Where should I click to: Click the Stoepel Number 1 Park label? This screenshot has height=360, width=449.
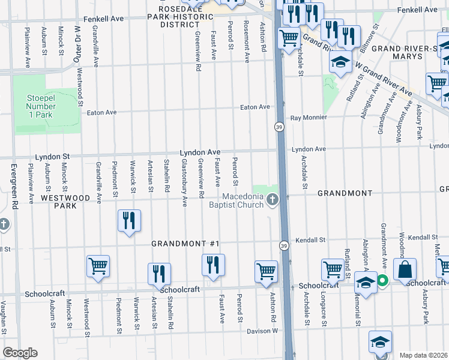[x=40, y=106]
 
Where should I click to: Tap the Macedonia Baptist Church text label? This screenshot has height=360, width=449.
[x=243, y=201]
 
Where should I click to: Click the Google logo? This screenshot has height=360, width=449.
[x=20, y=353]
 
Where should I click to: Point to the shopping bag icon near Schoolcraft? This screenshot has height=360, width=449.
[x=405, y=270]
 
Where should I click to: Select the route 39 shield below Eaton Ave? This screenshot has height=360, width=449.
[x=280, y=127]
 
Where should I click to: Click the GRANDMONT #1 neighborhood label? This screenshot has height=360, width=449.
[x=185, y=244]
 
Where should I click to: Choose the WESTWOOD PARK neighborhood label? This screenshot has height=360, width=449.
[x=65, y=201]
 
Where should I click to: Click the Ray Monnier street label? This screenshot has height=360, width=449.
[x=309, y=118]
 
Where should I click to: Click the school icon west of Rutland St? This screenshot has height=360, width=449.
[x=340, y=62]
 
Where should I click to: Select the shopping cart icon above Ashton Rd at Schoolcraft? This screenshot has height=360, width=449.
[x=266, y=271]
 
